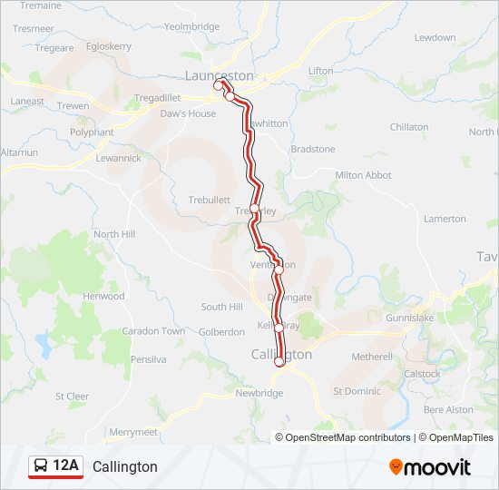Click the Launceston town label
[219, 76]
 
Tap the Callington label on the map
[281, 355]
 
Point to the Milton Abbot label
[363, 175]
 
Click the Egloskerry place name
[108, 45]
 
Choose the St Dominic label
[357, 391]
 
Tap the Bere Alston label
[448, 409]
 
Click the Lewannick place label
[119, 158]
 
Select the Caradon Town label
[153, 331]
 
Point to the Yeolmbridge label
[191, 27]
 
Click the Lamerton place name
[445, 219]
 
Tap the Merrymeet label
[132, 432]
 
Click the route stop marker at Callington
[279, 361]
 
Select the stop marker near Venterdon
[279, 269]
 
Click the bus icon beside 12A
[41, 466]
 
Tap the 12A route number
[66, 466]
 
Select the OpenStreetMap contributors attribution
[347, 437]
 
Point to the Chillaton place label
[409, 127]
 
